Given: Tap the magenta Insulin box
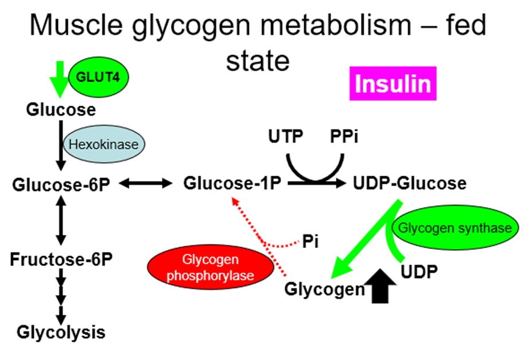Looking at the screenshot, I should [393, 84].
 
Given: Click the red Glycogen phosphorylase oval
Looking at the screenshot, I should [210, 268].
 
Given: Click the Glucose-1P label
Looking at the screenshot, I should [232, 184].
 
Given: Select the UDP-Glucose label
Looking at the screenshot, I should [409, 184].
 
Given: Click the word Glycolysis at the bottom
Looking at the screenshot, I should [61, 331].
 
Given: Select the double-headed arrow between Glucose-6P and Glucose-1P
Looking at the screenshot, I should [146, 184].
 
